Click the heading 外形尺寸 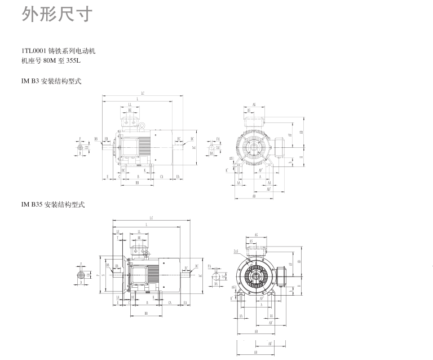(x=56, y=15)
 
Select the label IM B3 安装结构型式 (x=51, y=81)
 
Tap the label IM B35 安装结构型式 (x=53, y=204)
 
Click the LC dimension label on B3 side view (x=143, y=93)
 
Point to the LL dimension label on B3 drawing (x=130, y=105)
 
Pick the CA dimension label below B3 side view (x=161, y=177)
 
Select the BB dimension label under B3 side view (x=137, y=183)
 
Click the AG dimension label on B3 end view (x=254, y=105)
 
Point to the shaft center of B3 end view (x=257, y=149)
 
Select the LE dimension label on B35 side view (x=118, y=232)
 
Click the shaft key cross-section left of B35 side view (x=82, y=275)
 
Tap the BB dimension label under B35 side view (x=146, y=313)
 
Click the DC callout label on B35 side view (x=197, y=266)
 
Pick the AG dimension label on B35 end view (x=257, y=235)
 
